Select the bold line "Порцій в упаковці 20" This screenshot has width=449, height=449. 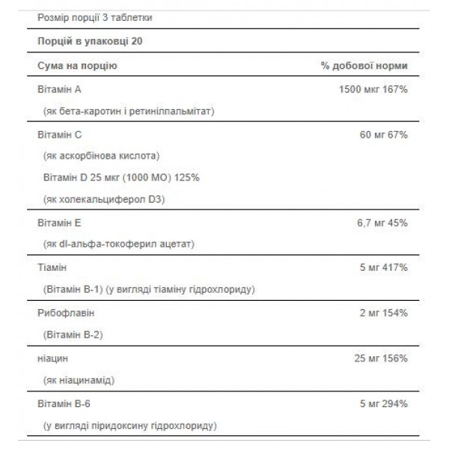point(86,41)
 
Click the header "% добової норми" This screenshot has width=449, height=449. point(364,66)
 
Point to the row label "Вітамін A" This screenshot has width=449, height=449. point(59,90)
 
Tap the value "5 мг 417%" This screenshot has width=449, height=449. point(382,267)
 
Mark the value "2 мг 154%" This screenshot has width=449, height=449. point(382,311)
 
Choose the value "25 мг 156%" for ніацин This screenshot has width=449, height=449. point(380,358)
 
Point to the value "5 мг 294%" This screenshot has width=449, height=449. point(382,403)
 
